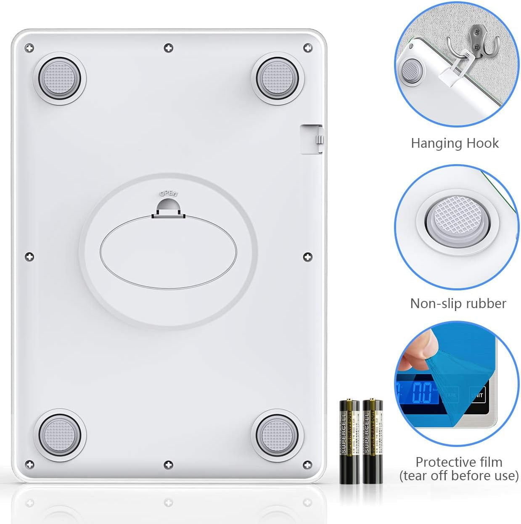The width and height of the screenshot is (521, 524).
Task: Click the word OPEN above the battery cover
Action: [x=169, y=194]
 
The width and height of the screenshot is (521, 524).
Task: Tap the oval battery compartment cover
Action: [x=168, y=253]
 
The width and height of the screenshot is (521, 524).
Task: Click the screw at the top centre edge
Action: [x=168, y=48]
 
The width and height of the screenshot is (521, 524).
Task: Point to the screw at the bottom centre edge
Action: [x=168, y=465]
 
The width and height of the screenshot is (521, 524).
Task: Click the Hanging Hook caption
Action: [x=455, y=143]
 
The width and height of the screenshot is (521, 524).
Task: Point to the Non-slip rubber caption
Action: [x=458, y=303]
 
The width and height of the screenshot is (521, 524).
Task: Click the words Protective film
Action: [x=459, y=462]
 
